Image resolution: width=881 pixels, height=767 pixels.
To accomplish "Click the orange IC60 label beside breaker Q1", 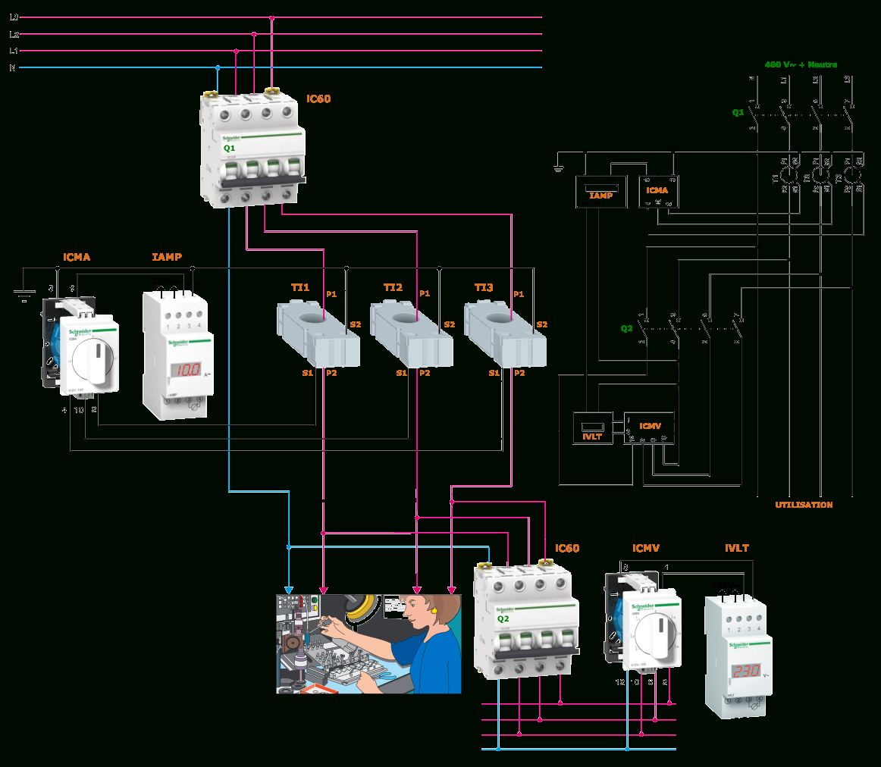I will [318, 99].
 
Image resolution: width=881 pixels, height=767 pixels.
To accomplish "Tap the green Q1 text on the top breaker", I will [229, 149].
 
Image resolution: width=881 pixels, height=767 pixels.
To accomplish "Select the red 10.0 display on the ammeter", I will [185, 370].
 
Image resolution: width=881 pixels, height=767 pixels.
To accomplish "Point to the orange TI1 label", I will [300, 288].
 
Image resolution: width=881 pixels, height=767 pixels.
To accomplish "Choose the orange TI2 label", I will [393, 288].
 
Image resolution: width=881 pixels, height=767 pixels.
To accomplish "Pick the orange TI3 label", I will [484, 288].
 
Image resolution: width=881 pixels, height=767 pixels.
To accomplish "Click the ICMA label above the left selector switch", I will [77, 258].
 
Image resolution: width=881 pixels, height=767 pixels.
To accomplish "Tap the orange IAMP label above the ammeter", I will [167, 258].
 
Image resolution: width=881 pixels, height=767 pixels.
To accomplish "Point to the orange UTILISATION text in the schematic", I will [804, 505].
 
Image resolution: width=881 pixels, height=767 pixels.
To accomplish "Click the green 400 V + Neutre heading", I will [801, 65].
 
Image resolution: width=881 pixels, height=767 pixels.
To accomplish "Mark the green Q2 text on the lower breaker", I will [503, 618].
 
